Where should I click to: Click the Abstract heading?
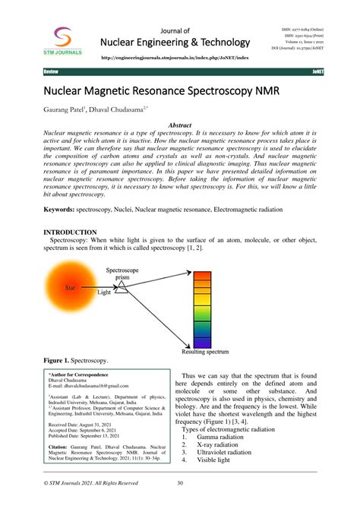click(x=179, y=125)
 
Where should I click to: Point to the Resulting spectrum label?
click(x=204, y=352)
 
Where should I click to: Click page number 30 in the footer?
click(x=180, y=483)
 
